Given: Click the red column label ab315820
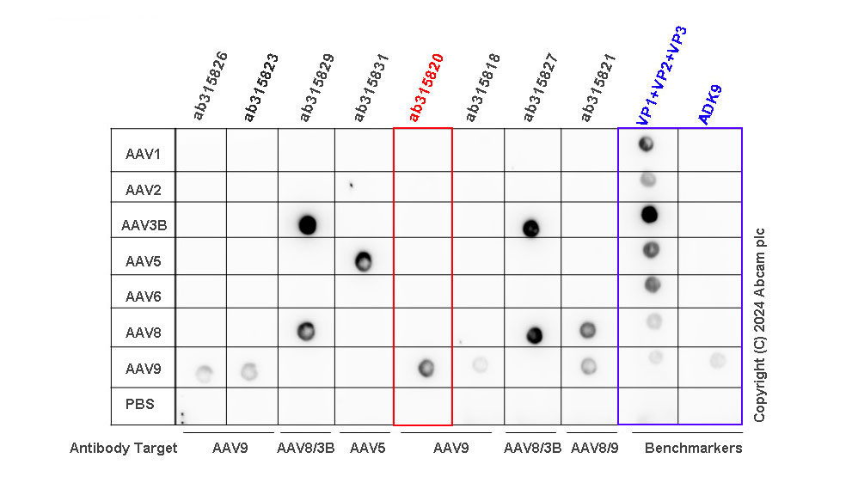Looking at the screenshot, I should (426, 88).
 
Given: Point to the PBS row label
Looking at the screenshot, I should (140, 403).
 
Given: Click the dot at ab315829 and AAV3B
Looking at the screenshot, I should (307, 225).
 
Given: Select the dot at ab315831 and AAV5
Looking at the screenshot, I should (363, 260).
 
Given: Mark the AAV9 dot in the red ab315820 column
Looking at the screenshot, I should (426, 369).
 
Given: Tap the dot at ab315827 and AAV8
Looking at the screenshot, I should (535, 335).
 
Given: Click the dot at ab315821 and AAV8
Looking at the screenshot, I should (588, 329).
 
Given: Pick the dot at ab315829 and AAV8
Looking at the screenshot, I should (305, 331).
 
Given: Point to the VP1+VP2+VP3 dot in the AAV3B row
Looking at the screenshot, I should (650, 214).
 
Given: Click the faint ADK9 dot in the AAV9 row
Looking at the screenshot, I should (718, 360).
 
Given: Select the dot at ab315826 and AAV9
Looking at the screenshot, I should (204, 374).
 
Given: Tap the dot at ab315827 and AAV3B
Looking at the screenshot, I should (530, 228).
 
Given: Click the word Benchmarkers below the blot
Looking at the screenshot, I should (693, 448).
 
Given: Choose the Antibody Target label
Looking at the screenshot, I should (124, 448).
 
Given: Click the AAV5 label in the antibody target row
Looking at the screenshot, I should (367, 448).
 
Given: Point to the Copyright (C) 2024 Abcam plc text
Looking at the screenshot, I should (760, 325).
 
